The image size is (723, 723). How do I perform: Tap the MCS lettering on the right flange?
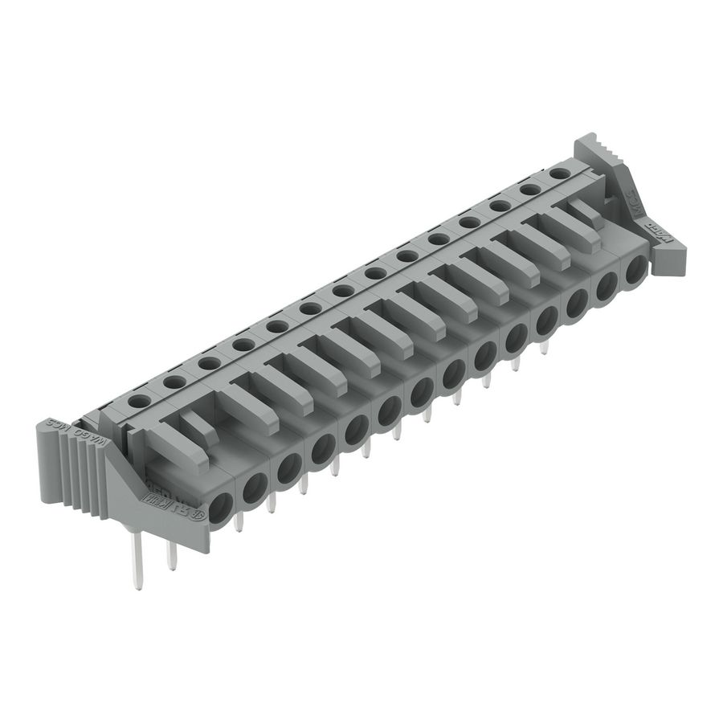(636, 200)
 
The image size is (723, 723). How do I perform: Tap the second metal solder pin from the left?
(171, 554)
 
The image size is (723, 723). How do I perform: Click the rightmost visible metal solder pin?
(544, 347)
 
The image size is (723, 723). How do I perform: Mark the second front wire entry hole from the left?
(255, 486)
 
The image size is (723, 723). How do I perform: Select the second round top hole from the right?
(529, 189)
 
